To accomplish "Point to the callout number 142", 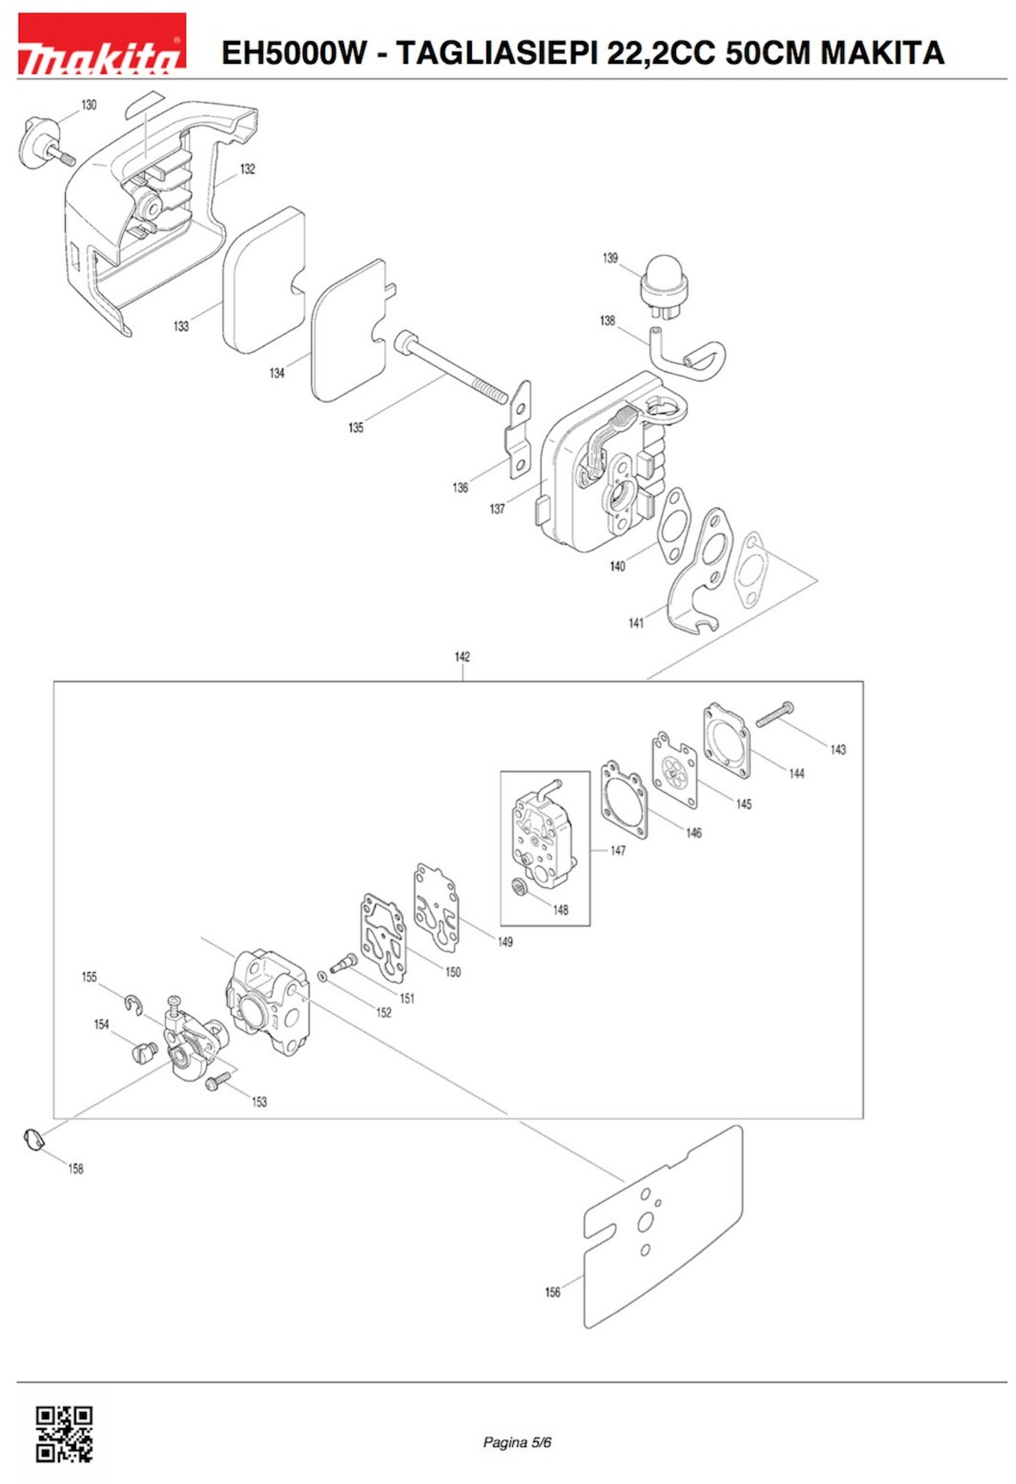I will (462, 657).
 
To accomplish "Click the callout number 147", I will (617, 850).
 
